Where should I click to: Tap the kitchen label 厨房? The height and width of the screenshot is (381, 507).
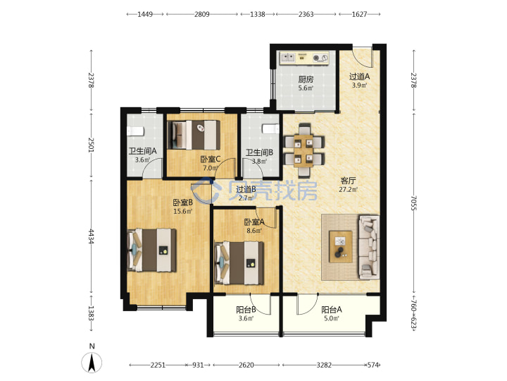pyautogui.click(x=306, y=79)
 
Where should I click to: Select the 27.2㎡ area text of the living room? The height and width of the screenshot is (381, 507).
pyautogui.click(x=348, y=190)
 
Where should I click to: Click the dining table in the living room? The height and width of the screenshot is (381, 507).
pyautogui.click(x=303, y=150)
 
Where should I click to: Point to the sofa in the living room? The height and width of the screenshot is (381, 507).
pyautogui.click(x=369, y=247)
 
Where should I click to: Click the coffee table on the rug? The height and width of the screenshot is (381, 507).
pyautogui.click(x=341, y=246)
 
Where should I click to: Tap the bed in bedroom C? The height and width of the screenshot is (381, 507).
pyautogui.click(x=194, y=135)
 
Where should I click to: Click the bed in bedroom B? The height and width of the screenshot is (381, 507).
pyautogui.click(x=152, y=250)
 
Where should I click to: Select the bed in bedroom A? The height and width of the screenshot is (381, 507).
pyautogui.click(x=239, y=263)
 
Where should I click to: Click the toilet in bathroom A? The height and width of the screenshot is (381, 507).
pyautogui.click(x=135, y=131)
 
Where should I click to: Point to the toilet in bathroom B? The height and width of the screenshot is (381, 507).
pyautogui.click(x=270, y=128)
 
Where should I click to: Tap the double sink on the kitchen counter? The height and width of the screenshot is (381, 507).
pyautogui.click(x=288, y=58)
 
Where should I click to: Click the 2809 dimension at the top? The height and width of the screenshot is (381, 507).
pyautogui.click(x=202, y=14)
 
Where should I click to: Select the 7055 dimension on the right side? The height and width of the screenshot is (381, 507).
pyautogui.click(x=413, y=202)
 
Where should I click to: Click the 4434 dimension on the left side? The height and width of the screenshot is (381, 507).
pyautogui.click(x=92, y=237)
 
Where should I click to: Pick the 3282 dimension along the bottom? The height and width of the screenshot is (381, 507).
pyautogui.click(x=324, y=365)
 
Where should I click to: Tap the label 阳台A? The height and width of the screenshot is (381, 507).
pyautogui.click(x=332, y=310)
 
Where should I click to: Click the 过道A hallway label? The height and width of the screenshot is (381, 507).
pyautogui.click(x=359, y=77)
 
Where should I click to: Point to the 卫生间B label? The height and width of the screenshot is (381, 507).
pyautogui.click(x=259, y=152)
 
